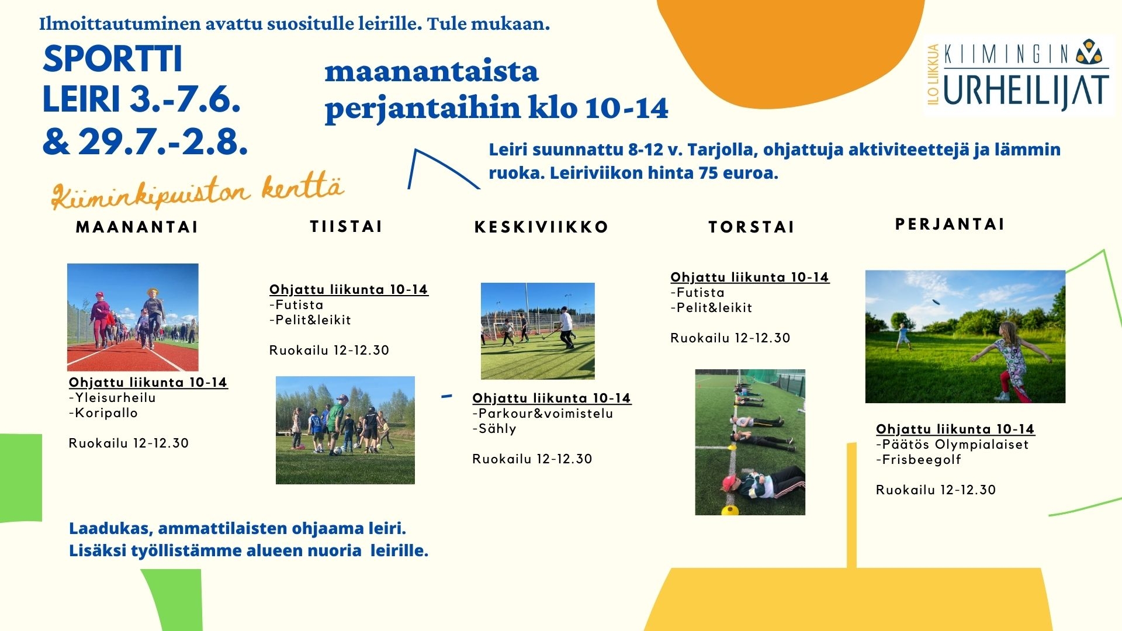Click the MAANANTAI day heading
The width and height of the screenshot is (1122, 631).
(137, 227)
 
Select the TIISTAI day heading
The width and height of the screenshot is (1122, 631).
(346, 227)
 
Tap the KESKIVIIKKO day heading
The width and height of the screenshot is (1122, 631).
(541, 227)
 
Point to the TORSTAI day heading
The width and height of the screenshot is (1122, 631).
(752, 227)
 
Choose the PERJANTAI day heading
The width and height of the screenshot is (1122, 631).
(950, 224)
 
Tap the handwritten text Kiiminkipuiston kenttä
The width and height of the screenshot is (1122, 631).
(198, 192)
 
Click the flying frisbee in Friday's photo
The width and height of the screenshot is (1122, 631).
(935, 302)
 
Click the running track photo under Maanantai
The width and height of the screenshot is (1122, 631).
(133, 317)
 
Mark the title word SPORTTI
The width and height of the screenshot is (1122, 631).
(113, 59)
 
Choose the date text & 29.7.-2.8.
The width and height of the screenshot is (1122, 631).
(146, 141)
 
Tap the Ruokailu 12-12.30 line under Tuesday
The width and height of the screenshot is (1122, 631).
(329, 351)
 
